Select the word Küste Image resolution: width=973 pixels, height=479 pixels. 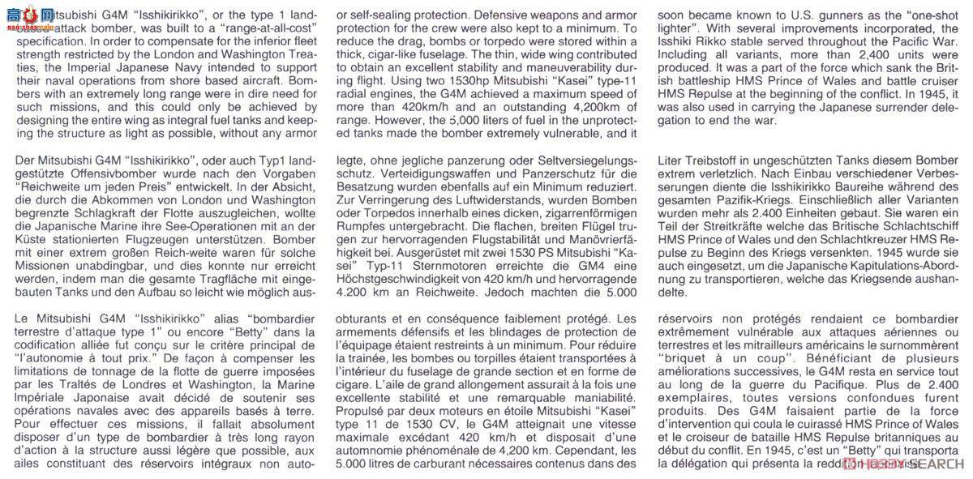point(36,243)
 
